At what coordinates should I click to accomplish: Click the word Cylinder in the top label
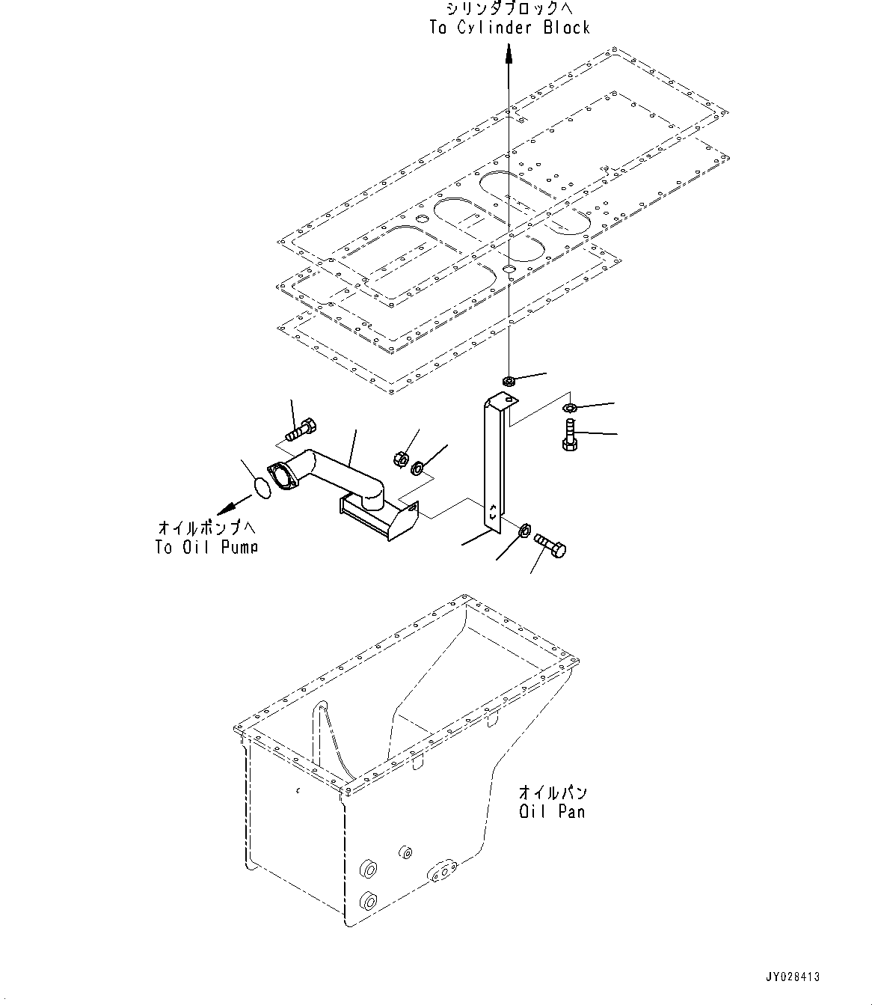[498, 28]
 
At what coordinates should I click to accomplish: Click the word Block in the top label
[566, 28]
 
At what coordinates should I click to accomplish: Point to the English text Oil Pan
[553, 810]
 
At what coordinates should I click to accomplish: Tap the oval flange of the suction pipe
[282, 478]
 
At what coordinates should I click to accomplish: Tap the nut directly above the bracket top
[508, 382]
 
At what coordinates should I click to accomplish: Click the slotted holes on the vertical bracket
[492, 512]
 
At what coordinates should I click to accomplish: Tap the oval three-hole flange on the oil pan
[443, 871]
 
